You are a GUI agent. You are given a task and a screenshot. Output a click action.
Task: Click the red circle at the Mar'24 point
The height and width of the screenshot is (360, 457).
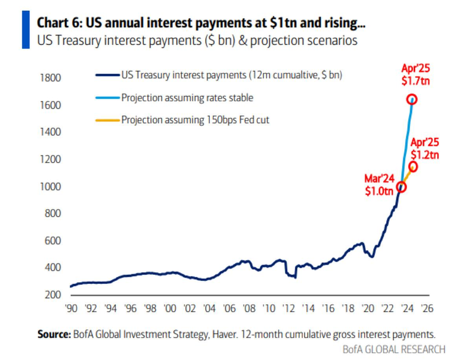pyautogui.click(x=401, y=187)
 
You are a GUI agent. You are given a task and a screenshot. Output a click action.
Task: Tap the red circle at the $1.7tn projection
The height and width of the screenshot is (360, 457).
pyautogui.click(x=412, y=99)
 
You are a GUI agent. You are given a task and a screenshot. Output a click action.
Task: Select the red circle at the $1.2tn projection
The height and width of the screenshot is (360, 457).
pyautogui.click(x=413, y=166)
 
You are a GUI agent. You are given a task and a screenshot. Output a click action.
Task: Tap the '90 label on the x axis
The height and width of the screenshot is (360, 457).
pyautogui.click(x=71, y=310)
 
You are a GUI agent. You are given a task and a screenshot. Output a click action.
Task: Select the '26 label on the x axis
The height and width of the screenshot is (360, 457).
pyautogui.click(x=428, y=310)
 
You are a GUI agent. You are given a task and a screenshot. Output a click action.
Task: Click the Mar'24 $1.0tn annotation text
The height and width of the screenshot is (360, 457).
pyautogui.click(x=379, y=185)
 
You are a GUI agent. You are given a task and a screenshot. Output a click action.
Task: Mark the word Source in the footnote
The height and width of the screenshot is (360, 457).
pyautogui.click(x=53, y=334)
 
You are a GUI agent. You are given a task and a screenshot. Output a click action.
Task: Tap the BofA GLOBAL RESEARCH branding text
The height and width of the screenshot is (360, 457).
pyautogui.click(x=393, y=349)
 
